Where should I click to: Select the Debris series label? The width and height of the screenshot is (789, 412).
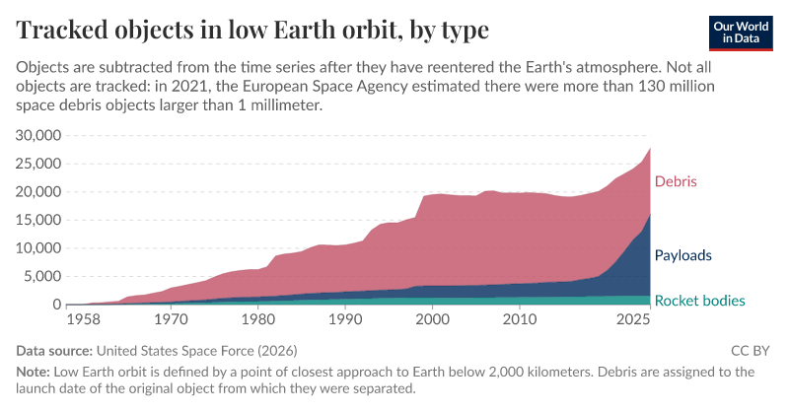coord(676,181)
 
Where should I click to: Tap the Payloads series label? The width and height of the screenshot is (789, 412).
coord(683,255)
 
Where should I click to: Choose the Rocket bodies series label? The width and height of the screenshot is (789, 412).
coord(699,301)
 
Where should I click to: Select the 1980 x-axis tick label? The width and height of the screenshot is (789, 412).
coord(257,320)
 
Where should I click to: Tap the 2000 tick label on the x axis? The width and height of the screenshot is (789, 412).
coord(432,320)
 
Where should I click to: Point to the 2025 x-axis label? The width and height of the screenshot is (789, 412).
coord(632,320)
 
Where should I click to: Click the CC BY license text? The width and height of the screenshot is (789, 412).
coord(753,350)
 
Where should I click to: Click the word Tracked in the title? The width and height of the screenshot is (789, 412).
coord(68,30)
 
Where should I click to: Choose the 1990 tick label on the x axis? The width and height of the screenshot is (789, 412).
coord(344,320)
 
